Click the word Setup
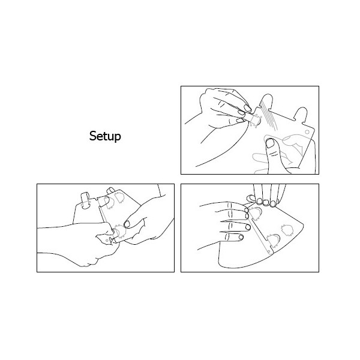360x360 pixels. click(105, 136)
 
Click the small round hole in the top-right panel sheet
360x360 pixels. click(307, 132)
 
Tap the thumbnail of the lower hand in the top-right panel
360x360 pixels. click(270, 143)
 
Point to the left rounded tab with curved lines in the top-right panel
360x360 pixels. click(266, 101)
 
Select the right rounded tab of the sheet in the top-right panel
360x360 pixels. click(301, 114)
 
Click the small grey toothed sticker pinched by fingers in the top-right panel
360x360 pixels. click(256, 121)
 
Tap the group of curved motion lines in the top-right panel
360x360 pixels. click(270, 118)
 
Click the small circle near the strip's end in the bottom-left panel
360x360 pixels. click(107, 241)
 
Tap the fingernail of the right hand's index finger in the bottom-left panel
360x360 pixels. click(127, 224)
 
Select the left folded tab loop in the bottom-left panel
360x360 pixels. click(85, 200)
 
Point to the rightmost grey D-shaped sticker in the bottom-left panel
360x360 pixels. click(119, 198)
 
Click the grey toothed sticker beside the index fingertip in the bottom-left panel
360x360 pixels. click(120, 232)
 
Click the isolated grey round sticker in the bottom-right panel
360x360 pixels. click(287, 230)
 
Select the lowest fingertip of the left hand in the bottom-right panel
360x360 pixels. click(241, 237)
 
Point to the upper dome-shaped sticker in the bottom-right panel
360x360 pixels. click(256, 213)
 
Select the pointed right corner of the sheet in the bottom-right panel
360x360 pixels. click(303, 224)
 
